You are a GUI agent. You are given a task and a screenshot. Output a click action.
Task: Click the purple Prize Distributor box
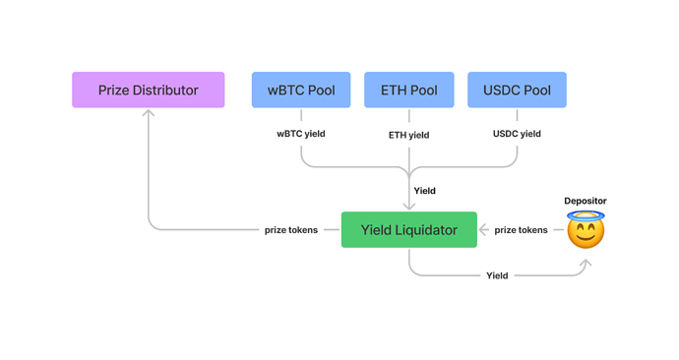click(x=148, y=90)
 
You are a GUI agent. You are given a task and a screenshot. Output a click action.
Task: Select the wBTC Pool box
click(x=301, y=90)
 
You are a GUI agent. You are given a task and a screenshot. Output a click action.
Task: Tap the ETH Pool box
click(x=408, y=90)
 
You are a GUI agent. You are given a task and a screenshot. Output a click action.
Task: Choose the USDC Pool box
click(x=517, y=90)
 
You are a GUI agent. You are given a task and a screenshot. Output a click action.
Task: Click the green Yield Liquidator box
click(x=408, y=230)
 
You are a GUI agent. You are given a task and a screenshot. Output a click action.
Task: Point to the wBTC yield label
click(x=301, y=134)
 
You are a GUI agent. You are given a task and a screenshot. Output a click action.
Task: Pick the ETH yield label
click(x=408, y=135)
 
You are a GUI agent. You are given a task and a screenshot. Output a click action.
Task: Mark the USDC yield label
click(x=517, y=134)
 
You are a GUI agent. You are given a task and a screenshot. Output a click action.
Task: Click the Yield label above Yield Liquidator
click(x=424, y=191)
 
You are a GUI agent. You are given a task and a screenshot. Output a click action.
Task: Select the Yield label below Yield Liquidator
click(x=497, y=275)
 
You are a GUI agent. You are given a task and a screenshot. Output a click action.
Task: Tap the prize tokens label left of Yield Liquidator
click(x=291, y=230)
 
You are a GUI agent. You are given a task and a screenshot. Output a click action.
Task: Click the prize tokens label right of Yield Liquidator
click(x=521, y=230)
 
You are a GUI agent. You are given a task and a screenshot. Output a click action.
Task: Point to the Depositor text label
click(x=586, y=202)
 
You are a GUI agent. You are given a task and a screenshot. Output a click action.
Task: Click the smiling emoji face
click(x=586, y=233)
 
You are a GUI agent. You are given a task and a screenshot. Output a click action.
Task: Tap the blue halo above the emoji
click(x=586, y=215)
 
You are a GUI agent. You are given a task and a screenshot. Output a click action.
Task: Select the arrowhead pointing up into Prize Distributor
click(x=149, y=113)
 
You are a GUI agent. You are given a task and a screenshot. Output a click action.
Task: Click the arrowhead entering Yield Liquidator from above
click(x=408, y=207)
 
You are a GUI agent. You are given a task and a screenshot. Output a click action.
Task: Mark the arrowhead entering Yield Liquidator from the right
click(x=483, y=230)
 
